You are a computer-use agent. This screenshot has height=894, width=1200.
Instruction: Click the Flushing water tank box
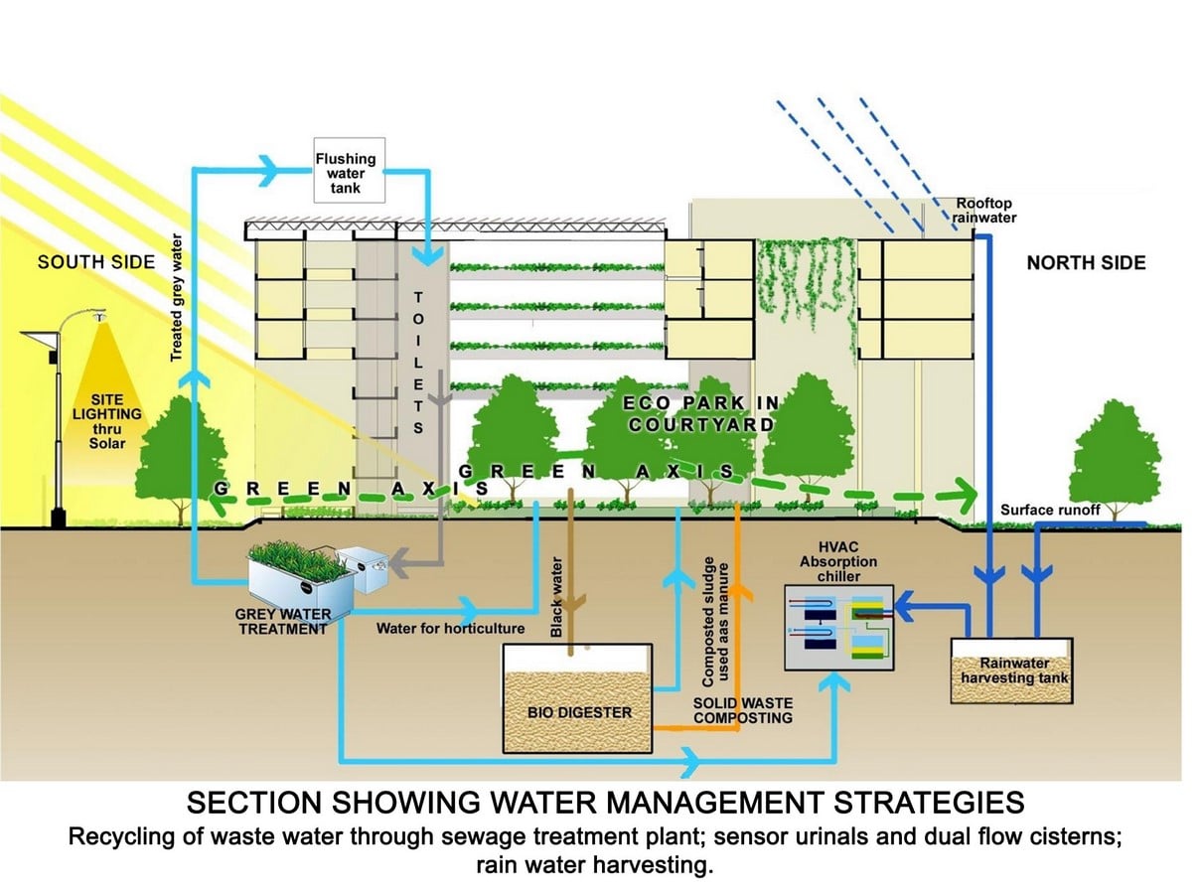pyautogui.click(x=349, y=170)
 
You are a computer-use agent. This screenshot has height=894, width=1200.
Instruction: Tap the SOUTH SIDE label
pyautogui.click(x=96, y=262)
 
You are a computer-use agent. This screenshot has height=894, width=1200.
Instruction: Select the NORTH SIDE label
pyautogui.click(x=1086, y=263)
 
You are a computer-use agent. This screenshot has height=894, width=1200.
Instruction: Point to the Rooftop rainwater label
pyautogui.click(x=983, y=211)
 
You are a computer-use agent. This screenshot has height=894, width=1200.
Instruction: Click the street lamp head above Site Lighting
pyautogui.click(x=99, y=315)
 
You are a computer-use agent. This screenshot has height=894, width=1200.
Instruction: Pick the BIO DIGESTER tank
pyautogui.click(x=577, y=698)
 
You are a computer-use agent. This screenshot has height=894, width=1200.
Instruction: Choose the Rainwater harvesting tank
pyautogui.click(x=1011, y=671)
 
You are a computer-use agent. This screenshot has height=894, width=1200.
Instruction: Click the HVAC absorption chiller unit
pyautogui.click(x=838, y=628)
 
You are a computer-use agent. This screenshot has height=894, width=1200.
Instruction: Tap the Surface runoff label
pyautogui.click(x=1050, y=510)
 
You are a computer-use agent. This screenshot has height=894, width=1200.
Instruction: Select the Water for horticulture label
pyautogui.click(x=450, y=629)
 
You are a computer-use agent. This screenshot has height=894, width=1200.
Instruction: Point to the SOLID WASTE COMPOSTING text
pyautogui.click(x=742, y=710)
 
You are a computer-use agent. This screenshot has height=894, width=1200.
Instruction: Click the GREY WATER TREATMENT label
pyautogui.click(x=282, y=622)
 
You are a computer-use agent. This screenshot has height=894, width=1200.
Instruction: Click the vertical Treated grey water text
pyautogui.click(x=177, y=298)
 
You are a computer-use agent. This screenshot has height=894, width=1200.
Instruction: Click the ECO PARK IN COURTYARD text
pyautogui.click(x=701, y=414)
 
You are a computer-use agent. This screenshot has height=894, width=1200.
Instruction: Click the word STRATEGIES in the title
pyautogui.click(x=929, y=802)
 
